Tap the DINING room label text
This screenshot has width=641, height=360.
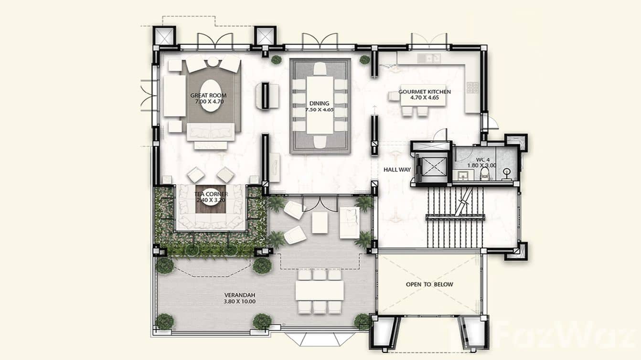tap(319, 103)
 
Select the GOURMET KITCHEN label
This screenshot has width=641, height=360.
tap(424, 92)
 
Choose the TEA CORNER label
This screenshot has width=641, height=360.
tap(211, 194)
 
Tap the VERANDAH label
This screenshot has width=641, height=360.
tap(239, 295)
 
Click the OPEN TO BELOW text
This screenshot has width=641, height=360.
tap(429, 285)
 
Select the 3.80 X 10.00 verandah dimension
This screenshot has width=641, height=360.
tap(239, 302)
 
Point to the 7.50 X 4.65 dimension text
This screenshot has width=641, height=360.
tap(321, 110)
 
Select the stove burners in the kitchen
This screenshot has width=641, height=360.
tap(472, 87)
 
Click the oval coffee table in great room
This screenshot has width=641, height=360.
tap(210, 102)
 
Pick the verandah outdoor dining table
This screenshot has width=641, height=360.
tap(319, 290)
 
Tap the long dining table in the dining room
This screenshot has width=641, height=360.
tap(320, 105)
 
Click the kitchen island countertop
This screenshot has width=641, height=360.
tap(417, 98)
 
